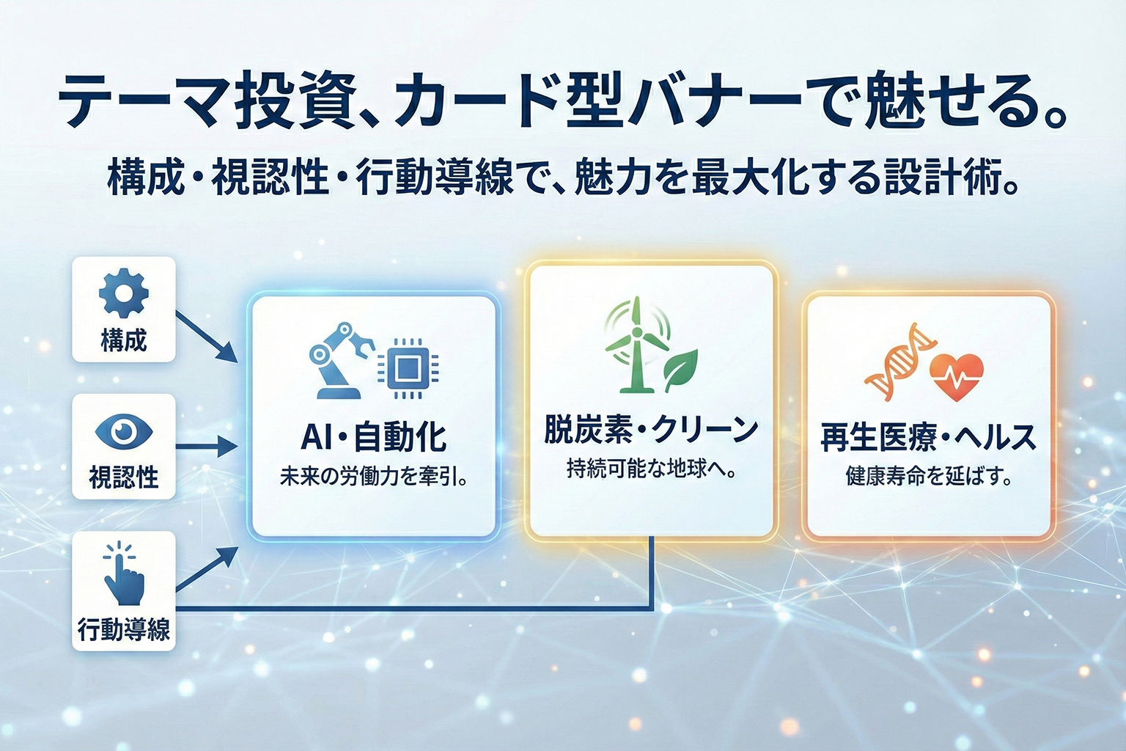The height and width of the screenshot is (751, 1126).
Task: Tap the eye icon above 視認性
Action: pyautogui.click(x=124, y=431)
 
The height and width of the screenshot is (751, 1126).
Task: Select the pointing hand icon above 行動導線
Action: pyautogui.click(x=124, y=573)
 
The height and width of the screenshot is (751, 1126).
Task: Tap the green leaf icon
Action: pyautogui.click(x=680, y=370)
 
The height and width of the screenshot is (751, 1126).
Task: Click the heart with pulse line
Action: pyautogui.click(x=957, y=377)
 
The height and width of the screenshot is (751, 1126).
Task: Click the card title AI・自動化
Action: pyautogui.click(x=373, y=438)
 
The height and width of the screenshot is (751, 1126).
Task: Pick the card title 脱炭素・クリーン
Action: pyautogui.click(x=651, y=430)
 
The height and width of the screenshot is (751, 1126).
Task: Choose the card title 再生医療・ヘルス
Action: pyautogui.click(x=928, y=438)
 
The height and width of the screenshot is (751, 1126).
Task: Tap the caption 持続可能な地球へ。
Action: pyautogui.click(x=651, y=469)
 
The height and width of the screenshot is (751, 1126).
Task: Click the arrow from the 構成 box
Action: pyautogui.click(x=206, y=337)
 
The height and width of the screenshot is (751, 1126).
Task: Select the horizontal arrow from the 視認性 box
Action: pyautogui.click(x=206, y=446)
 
